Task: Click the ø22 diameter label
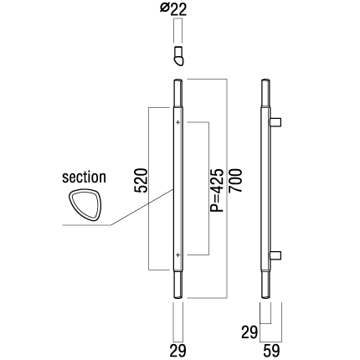(x=173, y=9)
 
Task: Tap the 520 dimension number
(x=141, y=180)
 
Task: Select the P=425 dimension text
(x=217, y=190)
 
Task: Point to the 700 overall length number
(x=235, y=180)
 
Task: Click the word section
(x=84, y=177)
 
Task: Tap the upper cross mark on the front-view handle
(x=178, y=122)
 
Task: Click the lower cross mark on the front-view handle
(x=178, y=255)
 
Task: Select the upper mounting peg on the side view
(x=275, y=122)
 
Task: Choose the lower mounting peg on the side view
(x=275, y=255)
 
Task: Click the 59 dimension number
(x=271, y=351)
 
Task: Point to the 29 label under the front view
(x=177, y=351)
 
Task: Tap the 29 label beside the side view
(x=249, y=332)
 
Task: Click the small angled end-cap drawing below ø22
(x=178, y=56)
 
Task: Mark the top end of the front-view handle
(x=178, y=81)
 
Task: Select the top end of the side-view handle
(x=266, y=81)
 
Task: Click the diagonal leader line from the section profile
(x=142, y=207)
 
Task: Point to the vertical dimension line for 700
(x=227, y=188)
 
